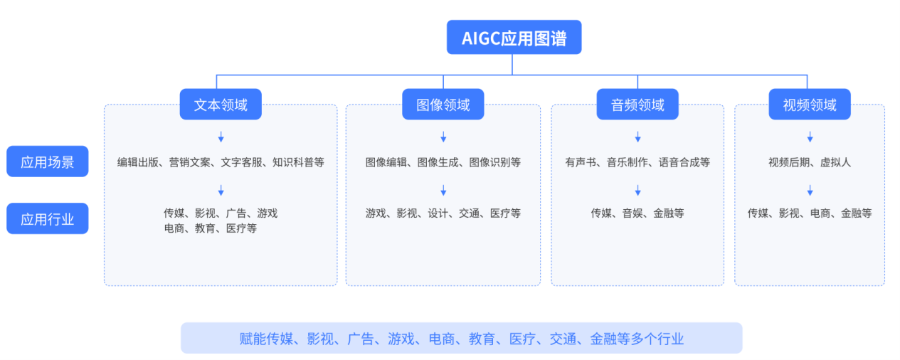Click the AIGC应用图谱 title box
(514, 38)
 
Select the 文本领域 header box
(221, 105)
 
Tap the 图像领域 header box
(443, 105)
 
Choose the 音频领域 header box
(637, 105)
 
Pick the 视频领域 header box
(810, 105)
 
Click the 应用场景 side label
(47, 162)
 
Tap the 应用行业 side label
(47, 218)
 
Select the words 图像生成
(443, 162)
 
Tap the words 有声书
(581, 162)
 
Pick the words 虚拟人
(835, 162)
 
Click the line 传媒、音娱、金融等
(637, 213)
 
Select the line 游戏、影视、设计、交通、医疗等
(443, 213)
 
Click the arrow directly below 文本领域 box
(221, 137)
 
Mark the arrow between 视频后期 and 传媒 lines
(810, 190)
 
